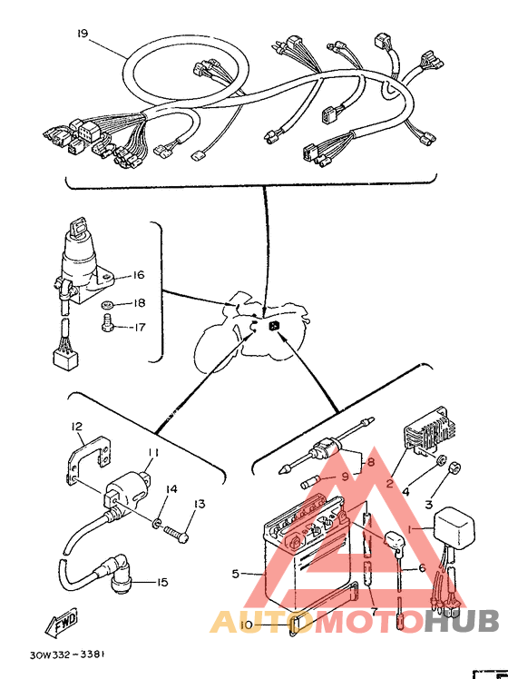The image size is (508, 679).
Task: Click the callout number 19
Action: (83, 34)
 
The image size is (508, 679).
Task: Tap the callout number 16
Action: (138, 275)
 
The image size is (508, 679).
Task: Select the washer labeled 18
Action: (107, 304)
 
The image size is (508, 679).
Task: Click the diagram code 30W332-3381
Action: (67, 654)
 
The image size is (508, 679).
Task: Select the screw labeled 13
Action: (177, 532)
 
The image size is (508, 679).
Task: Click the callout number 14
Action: (171, 489)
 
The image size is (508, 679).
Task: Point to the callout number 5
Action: (235, 575)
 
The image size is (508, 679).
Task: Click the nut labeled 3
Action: (453, 467)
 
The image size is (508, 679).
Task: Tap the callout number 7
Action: (375, 611)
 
